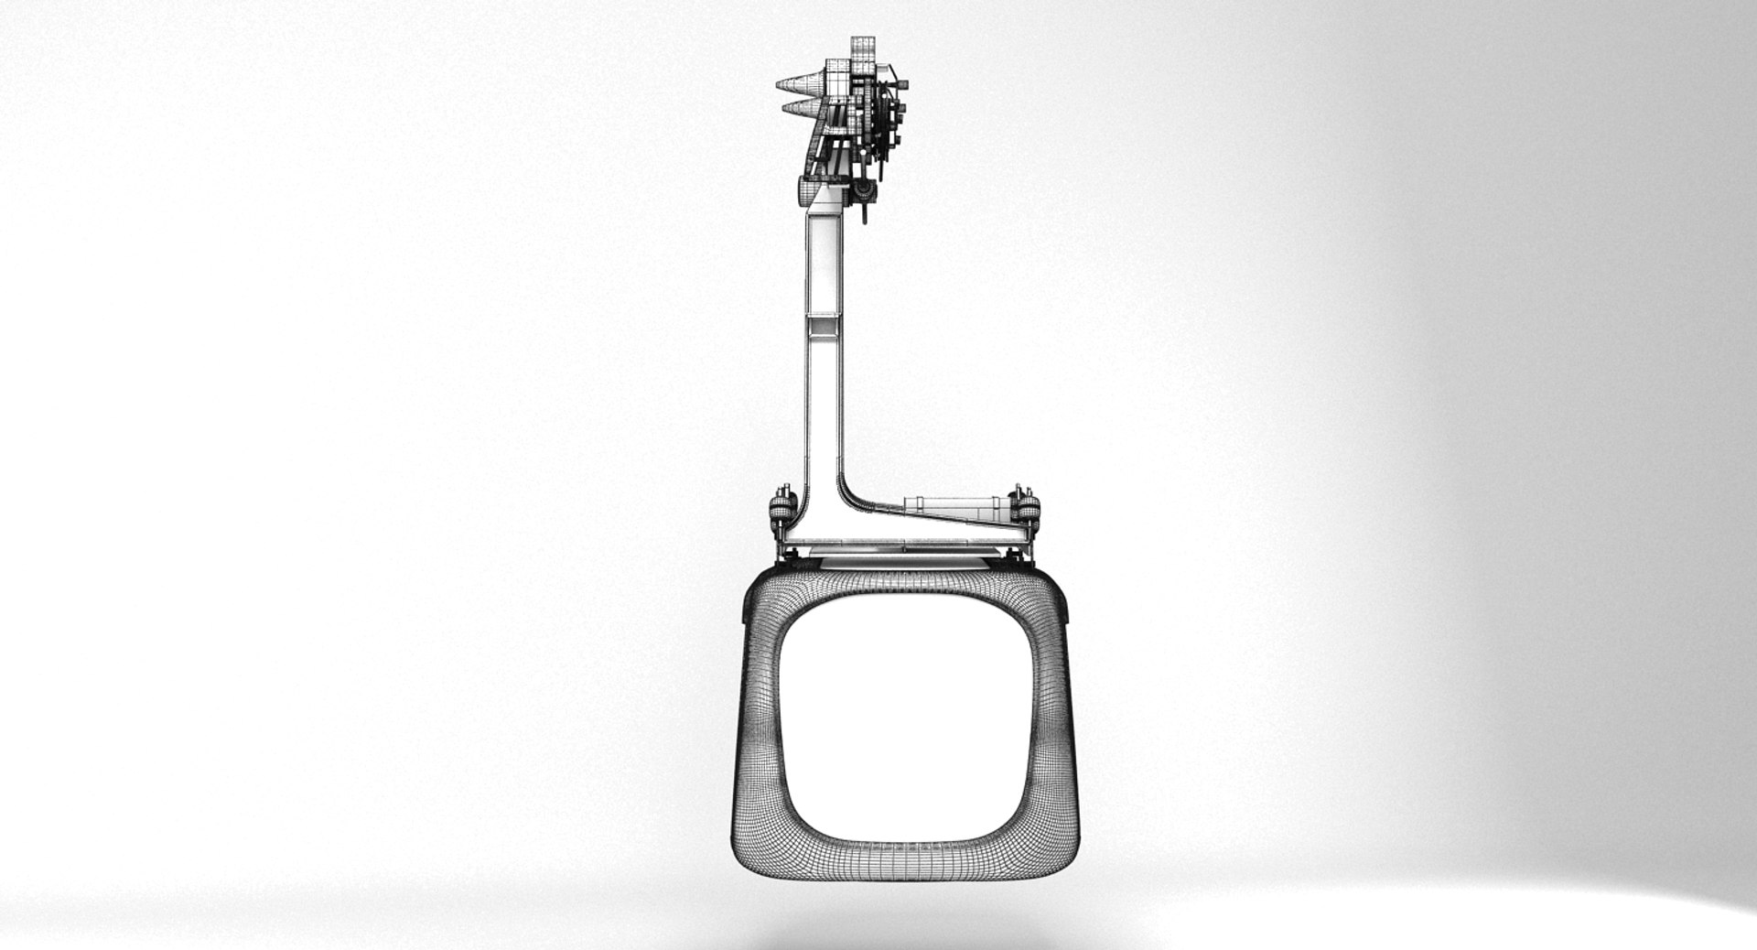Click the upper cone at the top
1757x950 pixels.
coord(798,86)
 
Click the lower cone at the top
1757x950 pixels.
coord(800,110)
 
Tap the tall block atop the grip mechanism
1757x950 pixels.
coord(863,54)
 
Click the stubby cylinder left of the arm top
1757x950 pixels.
coord(805,191)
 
